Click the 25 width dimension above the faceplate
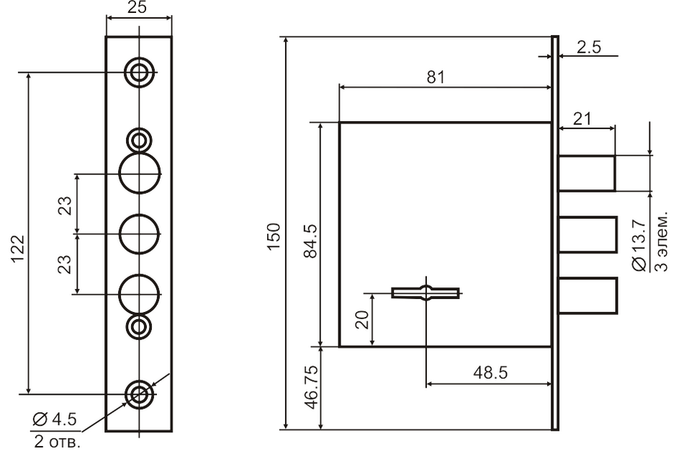pos(137,7)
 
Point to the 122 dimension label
pos(17,249)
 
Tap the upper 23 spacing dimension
pos(65,205)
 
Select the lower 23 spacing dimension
pos(65,264)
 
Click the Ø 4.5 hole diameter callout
pos(55,419)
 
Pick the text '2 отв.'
pos(58,442)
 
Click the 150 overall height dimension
pos(274,237)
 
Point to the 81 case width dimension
pos(436,77)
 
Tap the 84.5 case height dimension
pos(311,241)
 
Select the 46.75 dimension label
pos(312,388)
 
